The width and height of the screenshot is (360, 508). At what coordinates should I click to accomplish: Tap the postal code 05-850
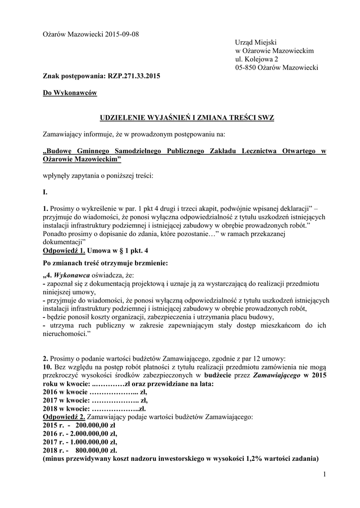click(248, 67)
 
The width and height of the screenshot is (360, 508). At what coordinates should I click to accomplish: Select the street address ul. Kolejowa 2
click(257, 59)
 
